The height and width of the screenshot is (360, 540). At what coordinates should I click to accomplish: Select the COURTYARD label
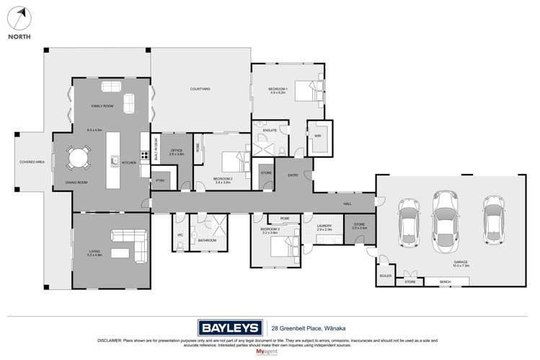click(x=200, y=89)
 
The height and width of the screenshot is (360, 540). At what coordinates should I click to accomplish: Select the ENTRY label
click(x=292, y=175)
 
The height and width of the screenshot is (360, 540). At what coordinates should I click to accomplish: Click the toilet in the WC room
click(x=179, y=244)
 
